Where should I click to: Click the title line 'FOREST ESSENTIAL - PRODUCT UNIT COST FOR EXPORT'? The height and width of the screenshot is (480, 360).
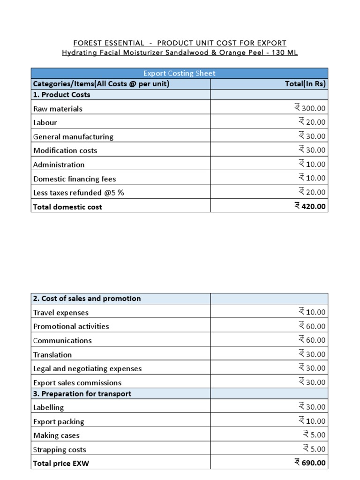tap(180, 43)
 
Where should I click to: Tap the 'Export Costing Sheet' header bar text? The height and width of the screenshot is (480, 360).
tap(180, 74)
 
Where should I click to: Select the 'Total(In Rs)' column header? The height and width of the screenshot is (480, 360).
tap(305, 84)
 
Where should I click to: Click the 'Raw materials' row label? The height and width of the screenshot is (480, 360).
tap(58, 109)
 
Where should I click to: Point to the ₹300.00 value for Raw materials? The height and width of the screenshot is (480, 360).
tap(310, 108)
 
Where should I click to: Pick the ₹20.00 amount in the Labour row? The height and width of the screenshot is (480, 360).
tap(312, 122)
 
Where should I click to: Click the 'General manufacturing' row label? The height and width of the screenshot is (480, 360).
tap(73, 137)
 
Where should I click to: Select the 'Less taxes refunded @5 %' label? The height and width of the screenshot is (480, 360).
tap(78, 193)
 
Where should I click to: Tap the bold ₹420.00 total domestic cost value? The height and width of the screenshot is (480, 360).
tap(310, 206)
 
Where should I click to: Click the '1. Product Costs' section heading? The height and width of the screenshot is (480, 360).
tap(61, 95)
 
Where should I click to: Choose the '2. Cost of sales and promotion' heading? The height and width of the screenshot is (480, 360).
tap(87, 299)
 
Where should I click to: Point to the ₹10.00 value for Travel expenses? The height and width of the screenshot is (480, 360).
tap(312, 312)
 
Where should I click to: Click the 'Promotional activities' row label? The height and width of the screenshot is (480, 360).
tap(71, 326)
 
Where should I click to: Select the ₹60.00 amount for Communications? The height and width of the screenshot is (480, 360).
tap(312, 340)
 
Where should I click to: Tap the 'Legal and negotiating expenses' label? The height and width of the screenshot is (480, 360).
tap(87, 368)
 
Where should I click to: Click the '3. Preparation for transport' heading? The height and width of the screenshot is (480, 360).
tap(82, 394)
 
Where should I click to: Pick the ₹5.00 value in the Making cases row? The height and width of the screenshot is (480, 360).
tap(314, 435)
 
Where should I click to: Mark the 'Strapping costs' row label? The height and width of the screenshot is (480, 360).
tap(60, 450)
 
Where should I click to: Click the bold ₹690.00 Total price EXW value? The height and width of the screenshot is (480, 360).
tap(310, 463)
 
